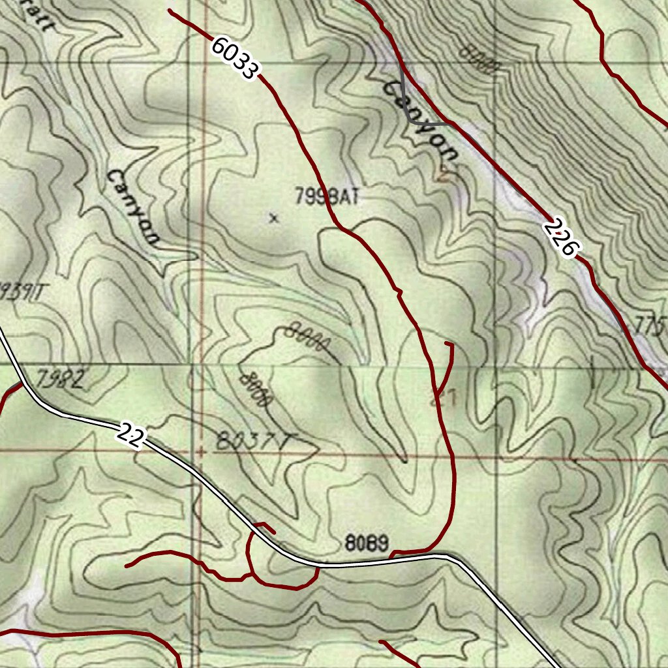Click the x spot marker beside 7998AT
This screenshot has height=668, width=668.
point(273,219)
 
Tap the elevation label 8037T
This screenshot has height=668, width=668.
point(251,443)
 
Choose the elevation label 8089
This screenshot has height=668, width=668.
point(367,542)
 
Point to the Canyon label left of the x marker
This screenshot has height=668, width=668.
point(133,207)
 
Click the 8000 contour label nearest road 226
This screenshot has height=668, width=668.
point(479,57)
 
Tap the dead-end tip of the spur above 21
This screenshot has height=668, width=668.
point(446,342)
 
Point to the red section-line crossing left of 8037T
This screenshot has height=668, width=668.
point(202,450)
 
